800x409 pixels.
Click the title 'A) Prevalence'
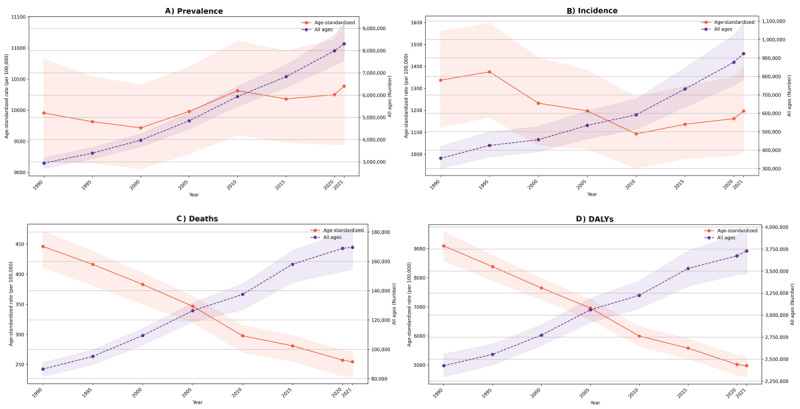coord(193,10)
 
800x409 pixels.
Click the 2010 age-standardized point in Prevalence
coord(237,91)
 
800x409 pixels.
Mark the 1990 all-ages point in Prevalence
coord(44,163)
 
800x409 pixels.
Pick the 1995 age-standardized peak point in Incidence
coord(489,72)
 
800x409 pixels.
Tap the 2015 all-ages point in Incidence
coord(685,89)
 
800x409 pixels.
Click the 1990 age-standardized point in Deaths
coord(43,246)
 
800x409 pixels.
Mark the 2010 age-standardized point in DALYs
coord(639,336)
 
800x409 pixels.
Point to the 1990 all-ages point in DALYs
coord(443,366)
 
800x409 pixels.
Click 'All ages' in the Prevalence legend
coord(327,29)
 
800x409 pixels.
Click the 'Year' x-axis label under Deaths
coord(196,402)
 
